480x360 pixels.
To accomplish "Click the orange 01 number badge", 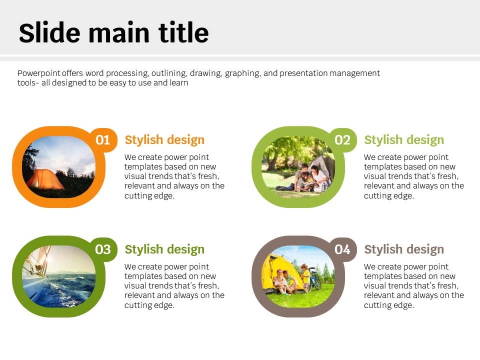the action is (x=103, y=140).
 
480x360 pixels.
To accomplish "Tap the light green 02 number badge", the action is (x=342, y=140).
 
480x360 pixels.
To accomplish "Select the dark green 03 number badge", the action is (x=103, y=249).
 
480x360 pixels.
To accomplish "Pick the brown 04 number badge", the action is (x=342, y=249).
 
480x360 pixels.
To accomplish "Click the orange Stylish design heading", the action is (x=164, y=140).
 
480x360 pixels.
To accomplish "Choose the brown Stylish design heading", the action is (x=404, y=249).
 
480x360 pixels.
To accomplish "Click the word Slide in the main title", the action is (x=49, y=33).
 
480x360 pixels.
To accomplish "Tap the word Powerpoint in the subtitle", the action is (x=39, y=73).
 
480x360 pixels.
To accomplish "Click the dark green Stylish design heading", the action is (x=164, y=249).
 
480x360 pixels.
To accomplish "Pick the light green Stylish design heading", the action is (x=404, y=140).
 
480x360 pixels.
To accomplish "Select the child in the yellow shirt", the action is (x=305, y=277).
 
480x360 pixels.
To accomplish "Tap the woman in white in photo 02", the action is (x=318, y=177).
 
